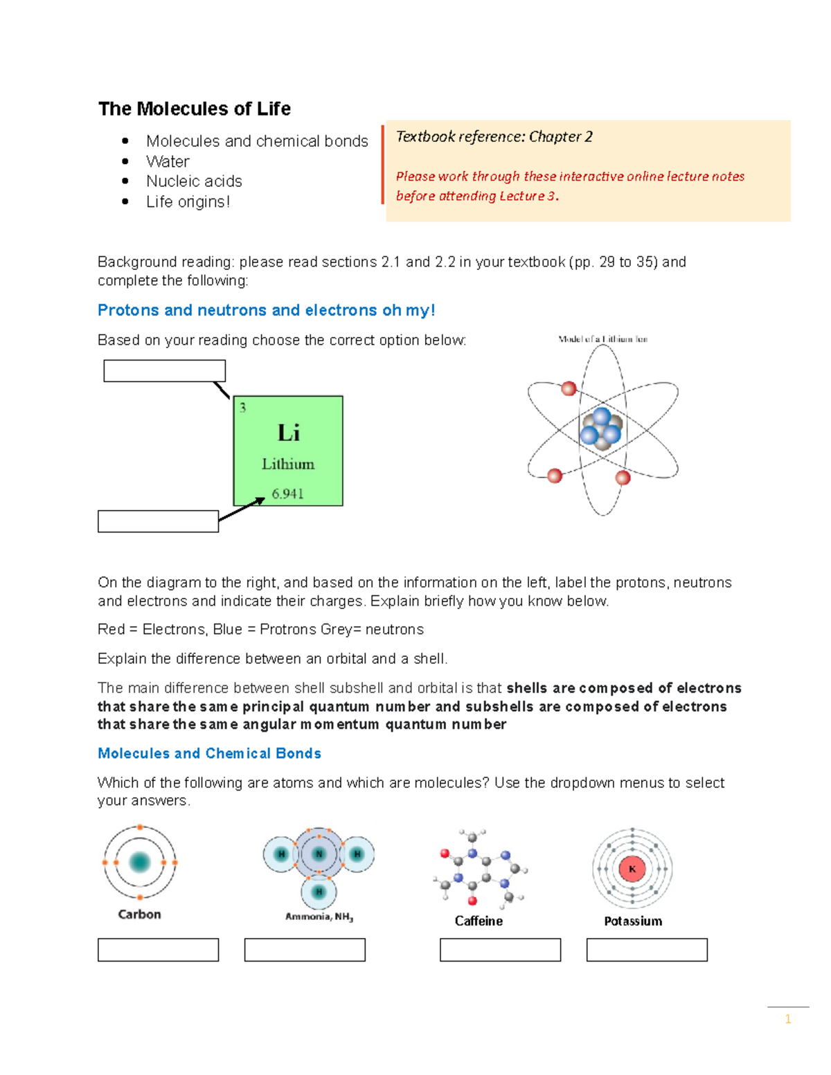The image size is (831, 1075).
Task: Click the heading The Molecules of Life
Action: click(194, 109)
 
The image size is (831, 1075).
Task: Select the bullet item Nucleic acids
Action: click(194, 181)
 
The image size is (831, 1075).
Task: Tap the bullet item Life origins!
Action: click(188, 201)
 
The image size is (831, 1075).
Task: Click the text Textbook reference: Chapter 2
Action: click(494, 136)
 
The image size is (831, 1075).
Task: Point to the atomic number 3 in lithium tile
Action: click(242, 408)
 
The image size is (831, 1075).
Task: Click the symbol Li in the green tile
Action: click(288, 433)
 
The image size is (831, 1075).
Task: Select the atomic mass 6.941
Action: click(287, 494)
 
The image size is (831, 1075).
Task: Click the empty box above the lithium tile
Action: click(164, 371)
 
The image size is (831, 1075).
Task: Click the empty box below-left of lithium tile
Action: click(158, 521)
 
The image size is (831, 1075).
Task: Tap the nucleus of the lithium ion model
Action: click(601, 429)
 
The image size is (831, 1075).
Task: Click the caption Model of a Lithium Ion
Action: click(602, 339)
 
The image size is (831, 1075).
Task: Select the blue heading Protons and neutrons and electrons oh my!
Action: click(266, 310)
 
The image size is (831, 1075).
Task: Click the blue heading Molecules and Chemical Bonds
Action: click(209, 753)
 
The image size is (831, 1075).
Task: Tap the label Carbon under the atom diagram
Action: click(139, 914)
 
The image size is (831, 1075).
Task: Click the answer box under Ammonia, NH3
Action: click(305, 950)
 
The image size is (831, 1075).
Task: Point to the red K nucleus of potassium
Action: click(632, 869)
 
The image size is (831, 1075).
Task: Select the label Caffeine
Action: click(479, 921)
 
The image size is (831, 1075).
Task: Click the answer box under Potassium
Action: click(647, 950)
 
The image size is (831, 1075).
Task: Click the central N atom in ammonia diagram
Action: click(319, 854)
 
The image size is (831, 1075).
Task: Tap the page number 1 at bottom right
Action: click(787, 1019)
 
